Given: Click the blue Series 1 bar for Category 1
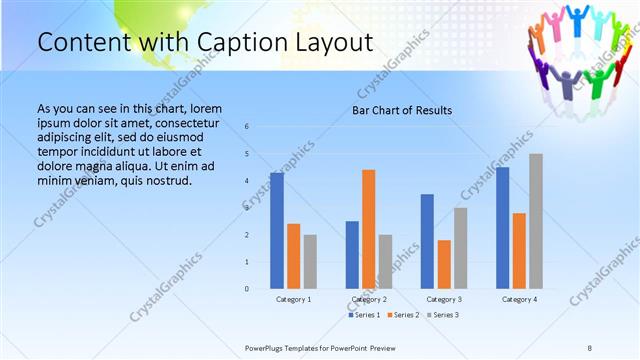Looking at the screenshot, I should pyautogui.click(x=277, y=231).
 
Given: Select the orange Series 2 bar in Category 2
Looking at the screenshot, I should pyautogui.click(x=369, y=229).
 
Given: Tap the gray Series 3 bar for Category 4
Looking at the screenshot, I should pyautogui.click(x=536, y=221).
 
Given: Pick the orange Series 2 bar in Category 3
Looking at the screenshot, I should pyautogui.click(x=444, y=264).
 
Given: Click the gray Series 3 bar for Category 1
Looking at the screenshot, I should pyautogui.click(x=310, y=262).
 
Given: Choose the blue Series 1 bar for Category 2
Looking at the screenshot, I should pyautogui.click(x=352, y=255).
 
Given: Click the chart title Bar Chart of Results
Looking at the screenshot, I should pyautogui.click(x=402, y=110).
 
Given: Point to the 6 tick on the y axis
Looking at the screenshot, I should pyautogui.click(x=247, y=127).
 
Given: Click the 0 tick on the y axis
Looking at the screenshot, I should pyautogui.click(x=247, y=289).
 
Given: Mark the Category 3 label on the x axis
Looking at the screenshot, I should pyautogui.click(x=444, y=299).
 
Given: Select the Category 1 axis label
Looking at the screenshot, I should pyautogui.click(x=294, y=299).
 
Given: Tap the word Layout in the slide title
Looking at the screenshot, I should pyautogui.click(x=332, y=43).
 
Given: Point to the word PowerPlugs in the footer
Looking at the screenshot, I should pyautogui.click(x=268, y=347).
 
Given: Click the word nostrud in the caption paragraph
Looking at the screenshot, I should pyautogui.click(x=166, y=180).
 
